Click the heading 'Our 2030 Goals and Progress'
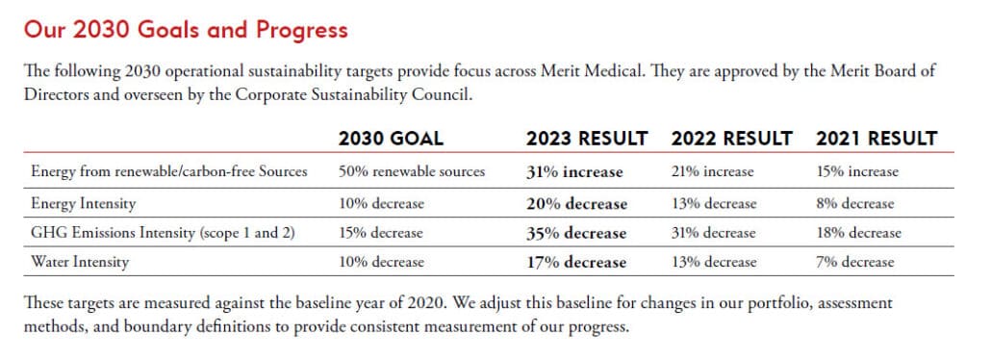point(186,30)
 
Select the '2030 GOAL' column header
point(391,139)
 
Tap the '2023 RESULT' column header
point(586,139)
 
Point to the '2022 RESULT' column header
point(732,139)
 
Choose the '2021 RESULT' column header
point(876,139)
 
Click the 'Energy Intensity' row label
point(83,203)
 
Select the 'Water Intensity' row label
point(80,262)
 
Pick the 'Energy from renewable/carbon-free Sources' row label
point(168,172)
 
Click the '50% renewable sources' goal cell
point(412,172)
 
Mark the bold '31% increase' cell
point(574,172)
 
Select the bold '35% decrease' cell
point(576,233)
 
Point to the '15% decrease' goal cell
point(380,233)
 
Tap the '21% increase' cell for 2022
point(712,172)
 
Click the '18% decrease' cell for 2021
point(858,233)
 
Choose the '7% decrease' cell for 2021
point(854,262)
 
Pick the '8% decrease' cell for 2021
point(854,203)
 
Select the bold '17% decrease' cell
point(576,262)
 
